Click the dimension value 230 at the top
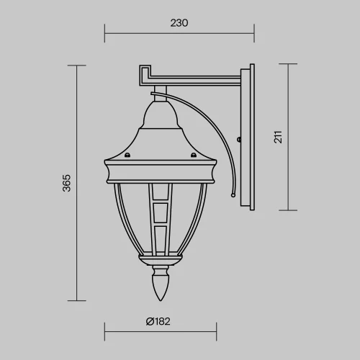point(179,22)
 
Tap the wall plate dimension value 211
point(278,138)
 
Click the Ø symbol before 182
point(149,321)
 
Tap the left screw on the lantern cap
point(127,154)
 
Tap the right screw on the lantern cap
point(193,154)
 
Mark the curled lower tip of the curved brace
point(232,193)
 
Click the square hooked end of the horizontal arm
point(142,73)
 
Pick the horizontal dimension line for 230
point(179,32)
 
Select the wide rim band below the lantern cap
point(161,171)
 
